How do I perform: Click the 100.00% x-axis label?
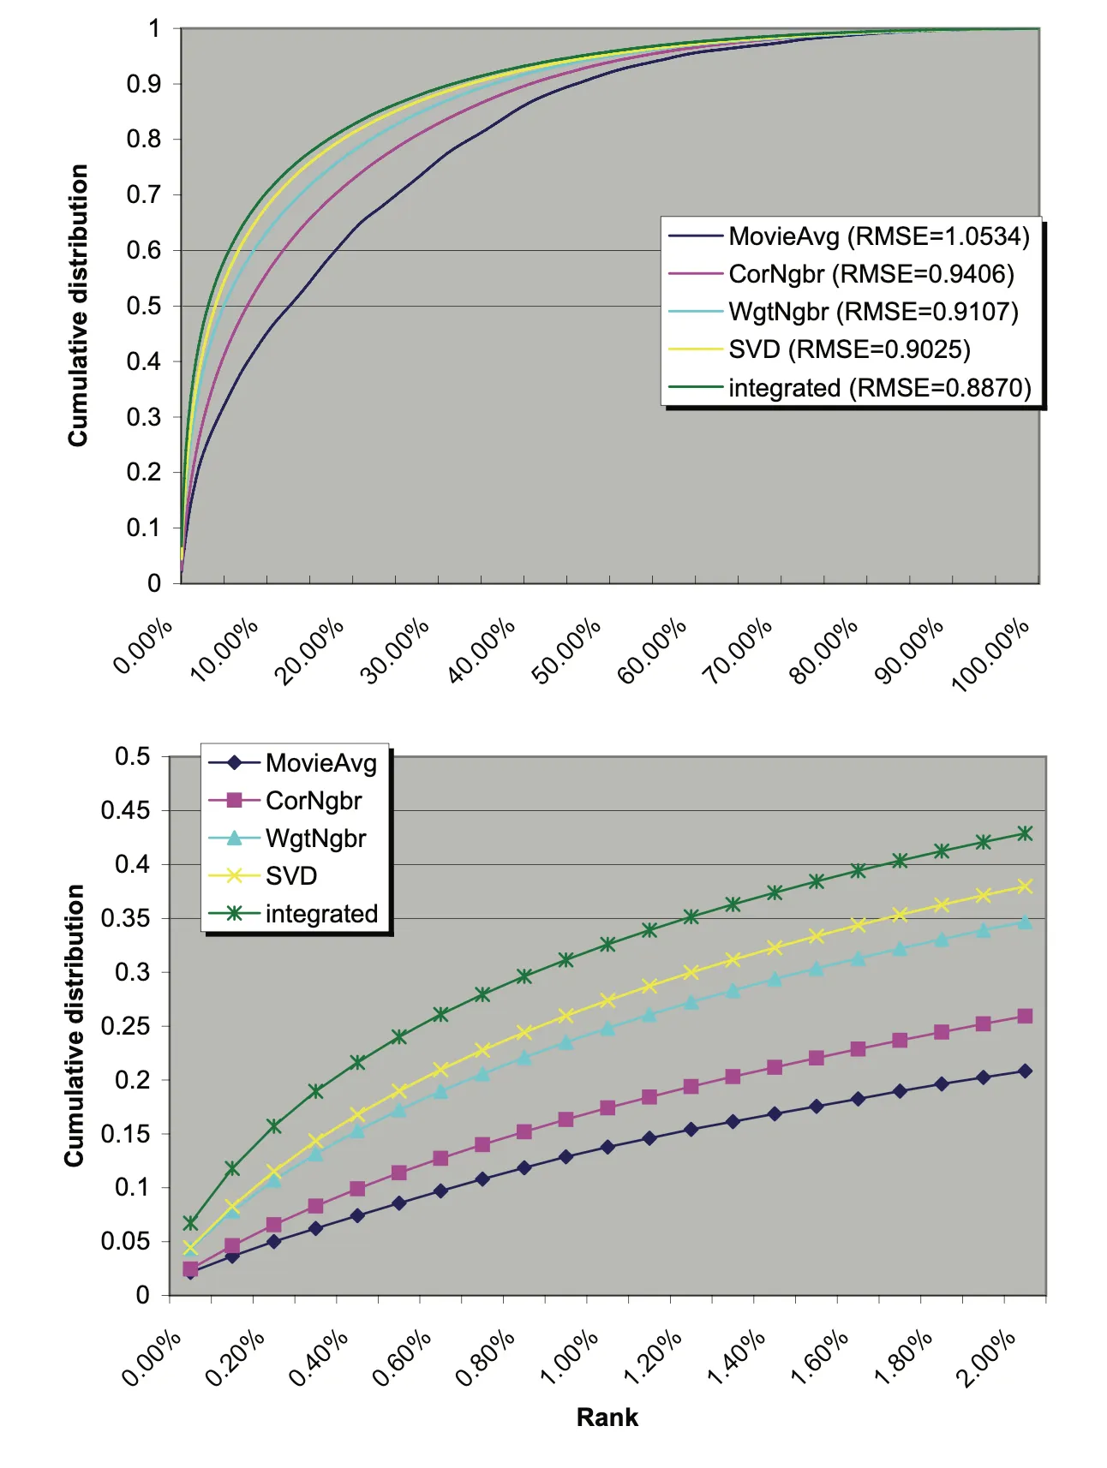pos(991,656)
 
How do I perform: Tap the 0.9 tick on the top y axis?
pos(144,84)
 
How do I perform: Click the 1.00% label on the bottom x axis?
pos(570,1360)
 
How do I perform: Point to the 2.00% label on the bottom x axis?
pos(987,1360)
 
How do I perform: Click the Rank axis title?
pos(607,1417)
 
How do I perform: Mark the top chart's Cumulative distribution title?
pos(78,306)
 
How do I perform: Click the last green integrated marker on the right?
pos(1025,833)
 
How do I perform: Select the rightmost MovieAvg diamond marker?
pos(1025,1071)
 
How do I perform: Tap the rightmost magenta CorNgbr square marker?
pos(1025,1017)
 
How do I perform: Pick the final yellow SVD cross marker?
pos(1025,886)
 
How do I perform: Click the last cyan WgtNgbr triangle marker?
pos(1025,922)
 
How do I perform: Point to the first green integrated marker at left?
pos(190,1222)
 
